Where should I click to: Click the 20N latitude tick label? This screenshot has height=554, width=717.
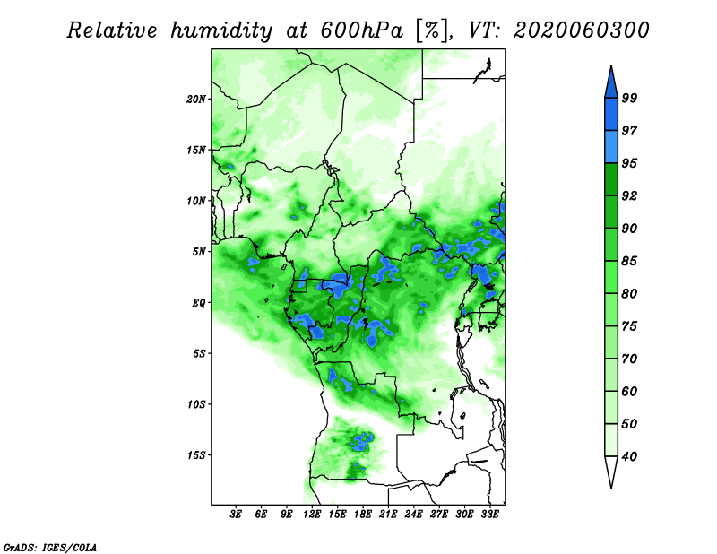click(196, 99)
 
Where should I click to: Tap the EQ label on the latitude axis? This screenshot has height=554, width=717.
click(199, 302)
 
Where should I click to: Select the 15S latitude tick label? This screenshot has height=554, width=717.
click(196, 455)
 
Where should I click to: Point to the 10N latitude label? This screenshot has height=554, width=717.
click(196, 201)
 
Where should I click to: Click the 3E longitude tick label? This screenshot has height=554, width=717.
click(236, 515)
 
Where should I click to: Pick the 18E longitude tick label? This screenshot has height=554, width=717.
click(363, 515)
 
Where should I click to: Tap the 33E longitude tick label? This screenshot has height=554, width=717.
click(489, 515)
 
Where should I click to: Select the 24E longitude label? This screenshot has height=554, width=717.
click(413, 515)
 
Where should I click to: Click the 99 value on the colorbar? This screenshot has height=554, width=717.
click(629, 98)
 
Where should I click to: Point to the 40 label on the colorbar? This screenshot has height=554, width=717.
click(629, 456)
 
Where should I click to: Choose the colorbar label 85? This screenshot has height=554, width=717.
click(629, 261)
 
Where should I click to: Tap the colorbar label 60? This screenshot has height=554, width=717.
click(629, 391)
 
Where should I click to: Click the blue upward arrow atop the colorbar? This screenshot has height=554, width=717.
click(611, 82)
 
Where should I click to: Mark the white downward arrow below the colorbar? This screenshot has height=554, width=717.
click(611, 472)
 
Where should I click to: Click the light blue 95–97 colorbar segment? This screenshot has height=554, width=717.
click(611, 147)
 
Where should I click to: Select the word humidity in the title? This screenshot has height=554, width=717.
click(221, 31)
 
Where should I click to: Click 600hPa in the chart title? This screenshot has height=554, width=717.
click(362, 30)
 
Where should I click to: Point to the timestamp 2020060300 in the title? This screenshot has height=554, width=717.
click(582, 30)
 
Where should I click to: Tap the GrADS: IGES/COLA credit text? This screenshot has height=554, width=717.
click(50, 548)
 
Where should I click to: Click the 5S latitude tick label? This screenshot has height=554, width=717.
click(199, 353)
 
